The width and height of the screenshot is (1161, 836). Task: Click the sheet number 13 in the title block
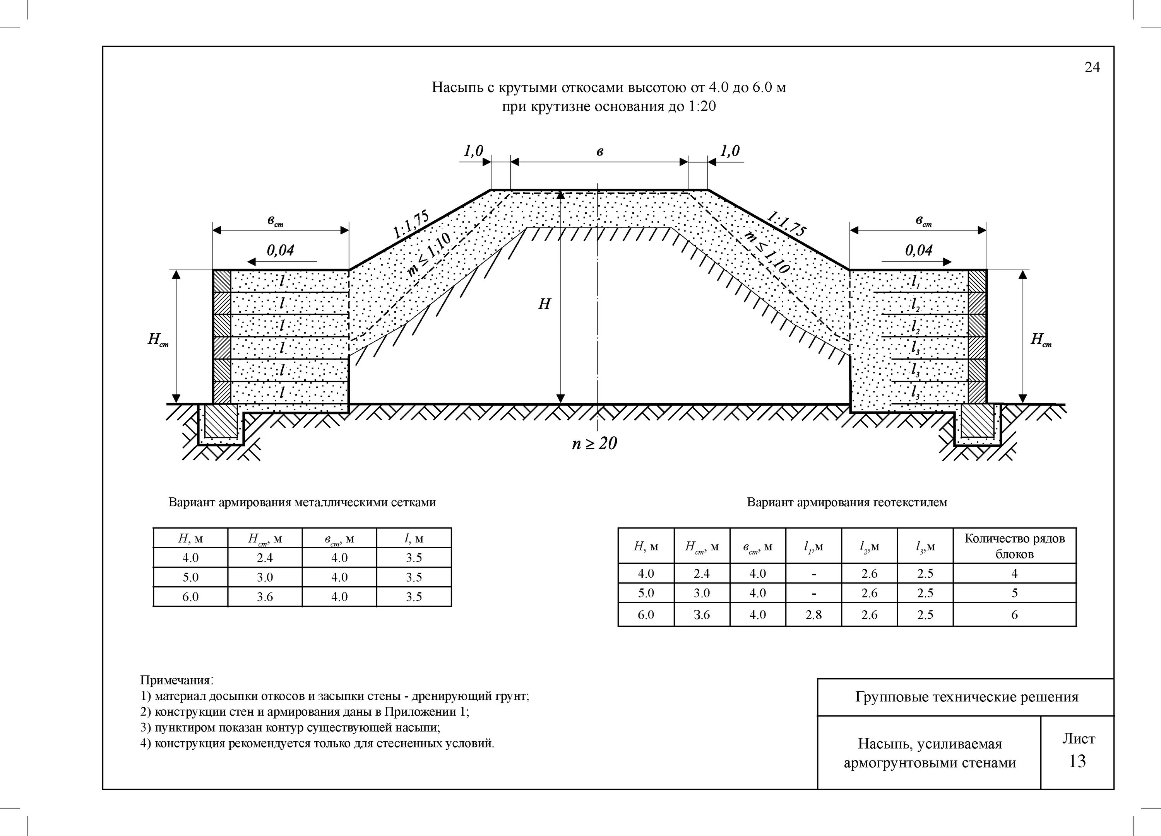click(1077, 761)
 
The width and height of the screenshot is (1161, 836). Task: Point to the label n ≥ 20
click(594, 443)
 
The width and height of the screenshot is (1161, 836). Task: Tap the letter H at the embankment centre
click(544, 304)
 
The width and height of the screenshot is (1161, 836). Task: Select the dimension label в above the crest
click(599, 152)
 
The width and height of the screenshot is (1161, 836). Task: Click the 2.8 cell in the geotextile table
click(813, 614)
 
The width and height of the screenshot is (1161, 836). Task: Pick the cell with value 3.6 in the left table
click(265, 597)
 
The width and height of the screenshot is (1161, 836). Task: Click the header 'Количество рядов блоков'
click(1014, 546)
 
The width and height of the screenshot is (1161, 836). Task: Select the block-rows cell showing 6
click(1014, 614)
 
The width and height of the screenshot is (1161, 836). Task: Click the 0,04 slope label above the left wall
click(281, 250)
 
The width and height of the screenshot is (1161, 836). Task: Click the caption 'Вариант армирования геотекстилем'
click(847, 502)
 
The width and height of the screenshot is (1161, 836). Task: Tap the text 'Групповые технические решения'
click(966, 697)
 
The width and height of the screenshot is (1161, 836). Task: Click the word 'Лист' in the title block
click(1078, 739)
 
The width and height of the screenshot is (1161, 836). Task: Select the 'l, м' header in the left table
click(414, 538)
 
